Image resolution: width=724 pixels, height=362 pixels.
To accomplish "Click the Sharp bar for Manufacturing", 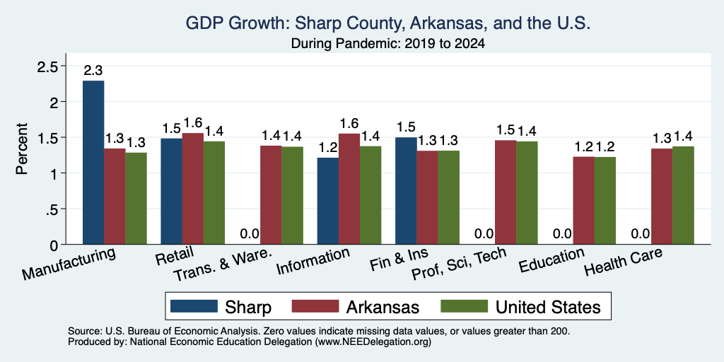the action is point(93,163).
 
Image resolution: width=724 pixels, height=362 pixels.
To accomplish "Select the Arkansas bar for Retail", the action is point(192,188).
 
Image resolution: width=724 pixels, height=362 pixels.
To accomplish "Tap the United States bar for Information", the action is point(370,195).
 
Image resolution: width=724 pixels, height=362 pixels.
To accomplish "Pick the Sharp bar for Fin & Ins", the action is point(407,191).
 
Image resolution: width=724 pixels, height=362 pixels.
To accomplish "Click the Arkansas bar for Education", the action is point(583,200).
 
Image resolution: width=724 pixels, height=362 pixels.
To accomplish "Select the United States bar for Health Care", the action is point(683,195).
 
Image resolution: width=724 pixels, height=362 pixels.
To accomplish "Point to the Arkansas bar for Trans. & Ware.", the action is point(271,195).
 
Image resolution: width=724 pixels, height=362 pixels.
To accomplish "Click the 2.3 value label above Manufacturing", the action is point(93,71).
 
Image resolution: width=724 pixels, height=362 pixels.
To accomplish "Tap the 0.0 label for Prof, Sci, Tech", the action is point(484,234).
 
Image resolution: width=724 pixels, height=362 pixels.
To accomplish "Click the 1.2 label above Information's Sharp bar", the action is point(328,148).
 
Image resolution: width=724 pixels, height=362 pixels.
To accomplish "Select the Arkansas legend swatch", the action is point(315,305).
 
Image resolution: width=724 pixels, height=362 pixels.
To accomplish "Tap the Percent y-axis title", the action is point(22,148).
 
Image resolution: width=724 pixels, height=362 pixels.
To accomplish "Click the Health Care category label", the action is point(620,262).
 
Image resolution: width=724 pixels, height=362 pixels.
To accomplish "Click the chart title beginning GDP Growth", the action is point(388,23).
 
